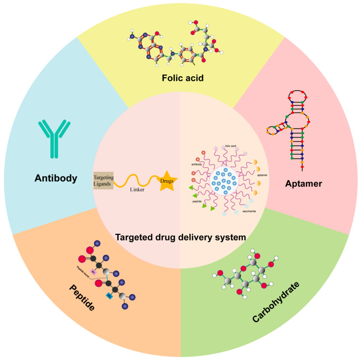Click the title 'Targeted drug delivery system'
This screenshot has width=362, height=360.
pos(180,237)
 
